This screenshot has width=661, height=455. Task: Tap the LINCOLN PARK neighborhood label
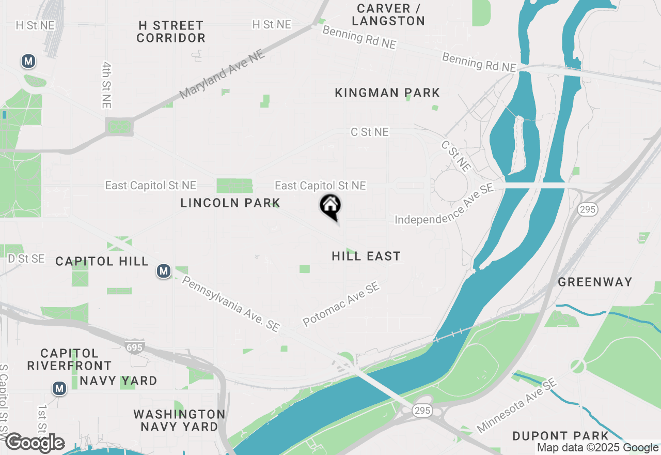point(230,203)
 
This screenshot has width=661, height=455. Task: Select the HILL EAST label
point(366,256)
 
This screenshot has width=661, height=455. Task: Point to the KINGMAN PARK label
point(387,93)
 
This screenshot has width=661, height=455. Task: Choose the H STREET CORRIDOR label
point(171,32)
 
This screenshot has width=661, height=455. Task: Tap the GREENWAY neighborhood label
point(595,282)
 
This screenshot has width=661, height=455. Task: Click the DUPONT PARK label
point(561,436)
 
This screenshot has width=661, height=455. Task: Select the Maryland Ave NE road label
point(223,74)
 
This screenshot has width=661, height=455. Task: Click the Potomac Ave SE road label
point(341,304)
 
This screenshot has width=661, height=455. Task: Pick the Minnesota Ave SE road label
point(516,406)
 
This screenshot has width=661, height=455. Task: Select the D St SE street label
point(26,259)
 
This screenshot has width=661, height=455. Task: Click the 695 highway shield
point(134,346)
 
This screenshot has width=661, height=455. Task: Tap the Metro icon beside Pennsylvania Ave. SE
point(164,271)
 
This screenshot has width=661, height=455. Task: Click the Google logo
point(35,443)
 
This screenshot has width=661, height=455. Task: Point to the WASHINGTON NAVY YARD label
point(179,420)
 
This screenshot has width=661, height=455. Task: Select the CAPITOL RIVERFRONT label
point(69,359)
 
